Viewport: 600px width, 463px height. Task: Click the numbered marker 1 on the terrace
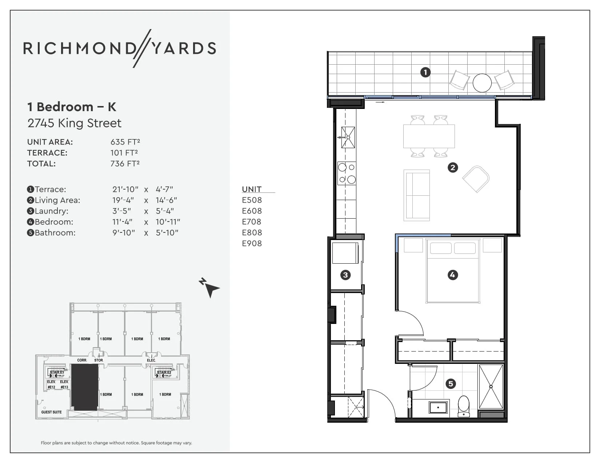[x=425, y=72]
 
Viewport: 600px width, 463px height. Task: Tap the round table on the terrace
[x=482, y=83]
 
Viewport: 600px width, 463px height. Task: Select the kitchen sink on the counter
[x=348, y=137]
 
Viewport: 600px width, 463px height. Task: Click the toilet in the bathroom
[x=464, y=406]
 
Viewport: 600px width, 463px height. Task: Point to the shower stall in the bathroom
[x=491, y=387]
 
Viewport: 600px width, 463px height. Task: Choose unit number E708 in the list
[x=252, y=222]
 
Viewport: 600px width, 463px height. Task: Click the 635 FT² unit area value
[x=125, y=142]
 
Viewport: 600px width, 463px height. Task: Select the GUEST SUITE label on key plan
[x=51, y=412]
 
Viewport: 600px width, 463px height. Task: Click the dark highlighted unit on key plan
[x=84, y=387]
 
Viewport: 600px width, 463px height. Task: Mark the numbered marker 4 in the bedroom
[x=452, y=275]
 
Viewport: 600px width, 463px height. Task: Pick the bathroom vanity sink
[x=438, y=407]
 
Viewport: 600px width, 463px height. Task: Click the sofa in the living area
[x=417, y=195]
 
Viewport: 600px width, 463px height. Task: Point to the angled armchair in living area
[x=476, y=179]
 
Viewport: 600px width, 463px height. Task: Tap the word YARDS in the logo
[x=184, y=49]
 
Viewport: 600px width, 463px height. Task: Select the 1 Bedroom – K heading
[x=72, y=107]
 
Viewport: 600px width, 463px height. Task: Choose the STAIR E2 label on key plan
[x=164, y=372]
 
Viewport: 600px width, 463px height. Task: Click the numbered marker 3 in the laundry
[x=345, y=275]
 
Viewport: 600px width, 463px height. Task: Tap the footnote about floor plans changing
[x=116, y=443]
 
